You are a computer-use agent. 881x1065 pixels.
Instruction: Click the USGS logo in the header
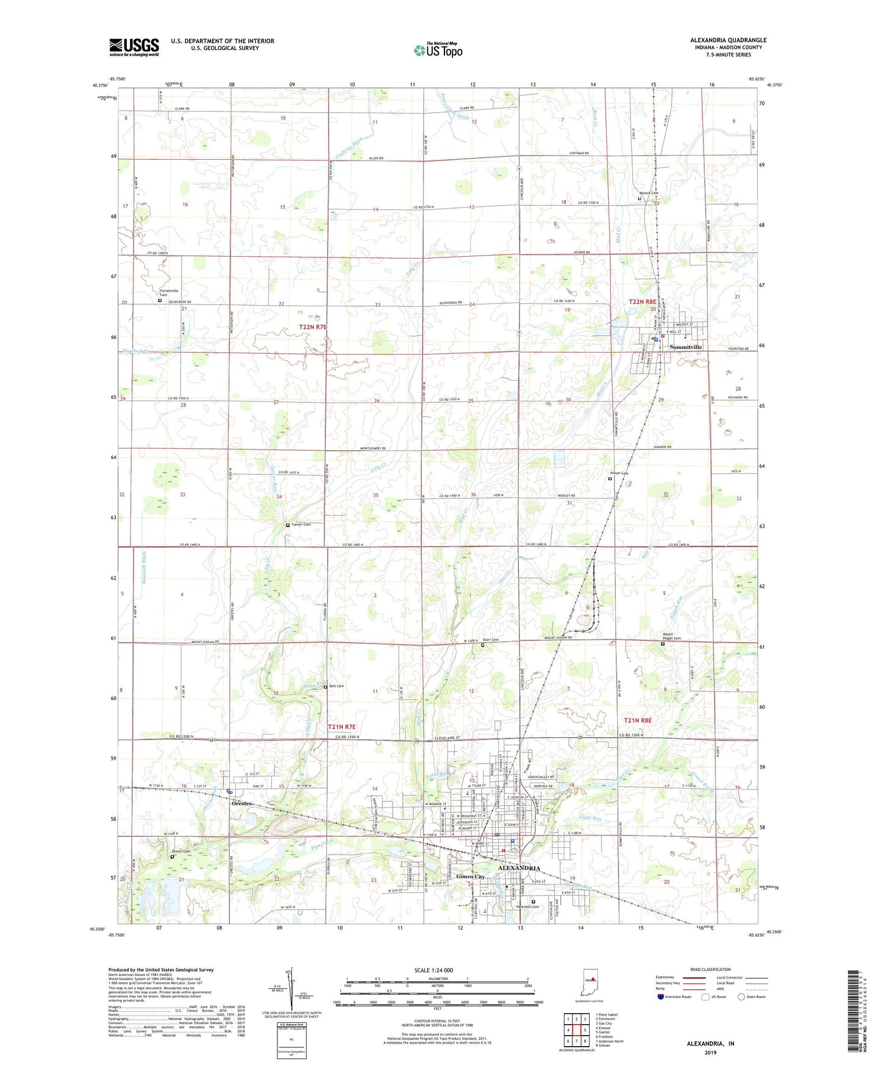(x=134, y=46)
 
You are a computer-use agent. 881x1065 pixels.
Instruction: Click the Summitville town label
(x=686, y=347)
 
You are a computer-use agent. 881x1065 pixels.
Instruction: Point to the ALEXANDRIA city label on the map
(x=519, y=868)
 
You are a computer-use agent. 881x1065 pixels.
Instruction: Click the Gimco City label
(x=470, y=877)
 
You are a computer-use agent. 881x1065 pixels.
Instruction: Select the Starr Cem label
(x=491, y=640)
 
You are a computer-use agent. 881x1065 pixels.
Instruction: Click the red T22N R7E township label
(x=313, y=328)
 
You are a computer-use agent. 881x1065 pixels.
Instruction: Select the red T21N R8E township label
(x=638, y=720)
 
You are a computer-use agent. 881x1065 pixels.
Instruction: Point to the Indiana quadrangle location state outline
(x=590, y=984)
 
